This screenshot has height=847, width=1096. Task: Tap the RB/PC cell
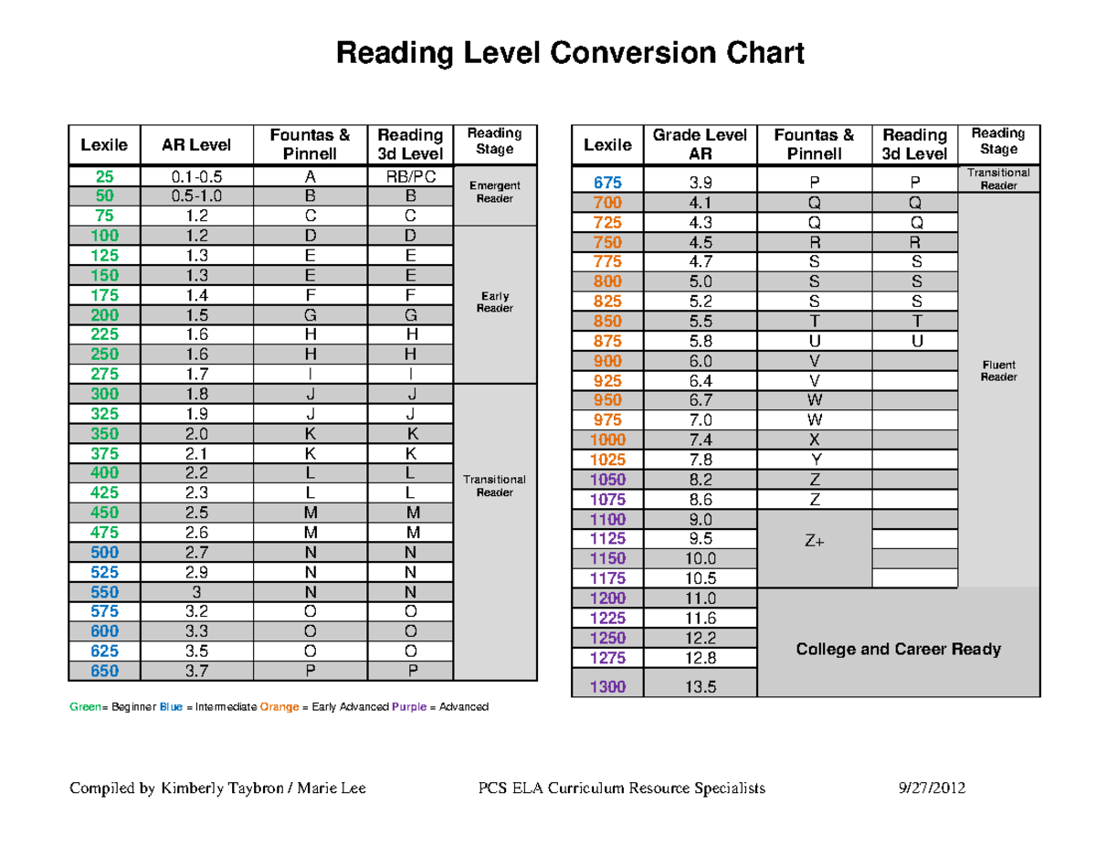[410, 176]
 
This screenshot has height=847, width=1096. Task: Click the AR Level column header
[196, 144]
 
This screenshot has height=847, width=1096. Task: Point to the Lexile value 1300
[607, 687]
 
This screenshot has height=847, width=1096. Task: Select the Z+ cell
[814, 541]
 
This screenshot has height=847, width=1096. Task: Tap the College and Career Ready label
[898, 650]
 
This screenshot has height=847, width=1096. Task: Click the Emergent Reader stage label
[494, 192]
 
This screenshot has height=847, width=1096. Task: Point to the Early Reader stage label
[494, 302]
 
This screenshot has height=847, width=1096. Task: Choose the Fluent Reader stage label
[998, 370]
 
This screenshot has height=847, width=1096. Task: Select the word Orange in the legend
[279, 707]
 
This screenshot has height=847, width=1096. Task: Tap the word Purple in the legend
[408, 707]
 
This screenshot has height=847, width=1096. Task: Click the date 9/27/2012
[933, 788]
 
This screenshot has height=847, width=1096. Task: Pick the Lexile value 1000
[607, 439]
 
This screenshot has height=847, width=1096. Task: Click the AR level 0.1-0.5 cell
[196, 176]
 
